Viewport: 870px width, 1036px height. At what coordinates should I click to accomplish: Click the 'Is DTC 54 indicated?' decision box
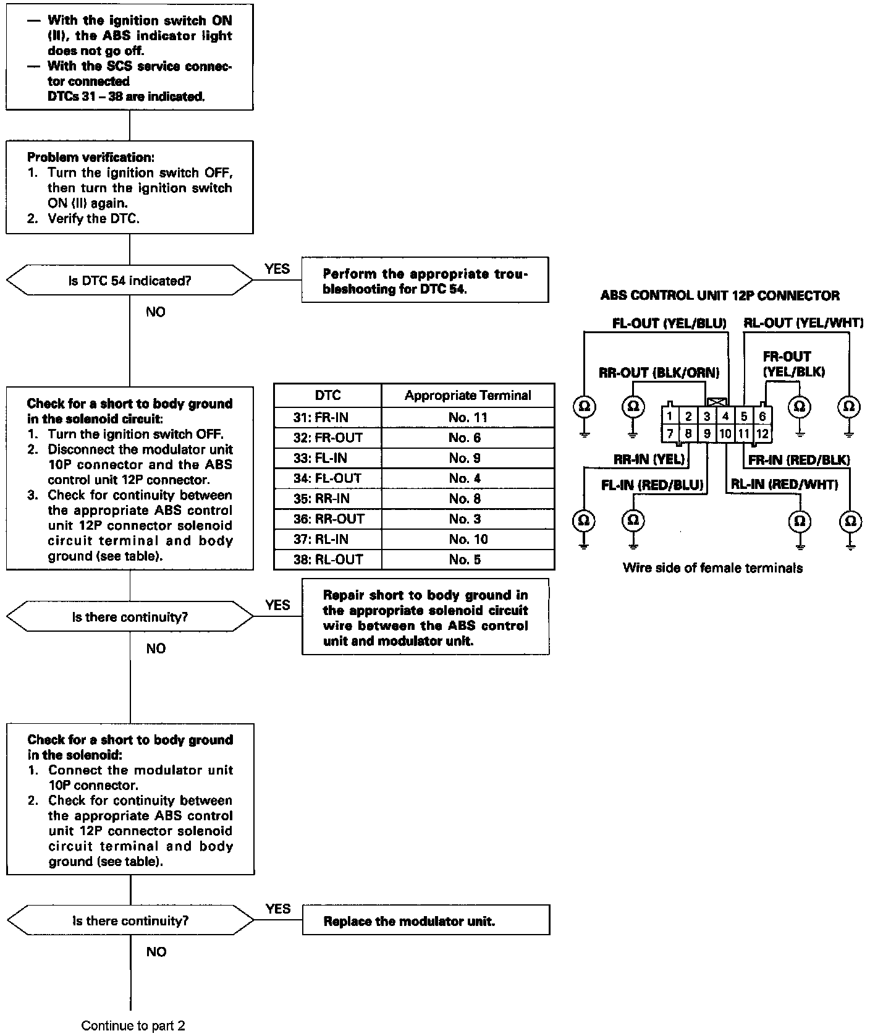[x=130, y=281]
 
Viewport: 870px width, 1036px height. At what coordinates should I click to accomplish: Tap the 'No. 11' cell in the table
[x=468, y=417]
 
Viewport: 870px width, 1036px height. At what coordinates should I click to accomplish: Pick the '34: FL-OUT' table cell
[x=327, y=478]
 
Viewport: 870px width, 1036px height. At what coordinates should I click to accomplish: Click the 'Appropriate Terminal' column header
[x=468, y=396]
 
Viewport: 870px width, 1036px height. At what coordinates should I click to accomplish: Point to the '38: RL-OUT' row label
[x=327, y=559]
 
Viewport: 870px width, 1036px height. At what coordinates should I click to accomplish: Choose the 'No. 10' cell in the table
[x=468, y=539]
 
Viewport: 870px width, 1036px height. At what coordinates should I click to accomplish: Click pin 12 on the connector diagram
[x=762, y=433]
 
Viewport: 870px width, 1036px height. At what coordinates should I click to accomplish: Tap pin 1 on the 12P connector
[x=670, y=416]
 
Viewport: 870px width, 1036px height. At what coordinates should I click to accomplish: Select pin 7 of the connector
[x=670, y=433]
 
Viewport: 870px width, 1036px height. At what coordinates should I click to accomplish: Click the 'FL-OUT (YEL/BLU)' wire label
[x=669, y=323]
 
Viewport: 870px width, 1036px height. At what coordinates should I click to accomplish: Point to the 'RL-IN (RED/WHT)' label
[x=784, y=485]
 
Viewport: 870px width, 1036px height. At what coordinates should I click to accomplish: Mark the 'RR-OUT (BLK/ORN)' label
[x=659, y=373]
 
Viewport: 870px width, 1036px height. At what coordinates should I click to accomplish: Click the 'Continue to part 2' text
[x=133, y=1026]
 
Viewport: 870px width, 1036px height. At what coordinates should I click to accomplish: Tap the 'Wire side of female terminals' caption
[x=712, y=568]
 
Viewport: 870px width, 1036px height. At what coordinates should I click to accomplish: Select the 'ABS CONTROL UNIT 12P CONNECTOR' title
[x=720, y=295]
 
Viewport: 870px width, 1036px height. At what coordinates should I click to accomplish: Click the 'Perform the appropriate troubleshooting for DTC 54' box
[x=425, y=281]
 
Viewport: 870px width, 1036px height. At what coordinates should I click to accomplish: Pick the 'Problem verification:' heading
[x=90, y=157]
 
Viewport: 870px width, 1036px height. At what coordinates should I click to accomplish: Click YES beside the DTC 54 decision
[x=277, y=268]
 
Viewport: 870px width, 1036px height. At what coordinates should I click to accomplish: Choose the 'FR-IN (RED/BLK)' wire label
[x=799, y=460]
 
